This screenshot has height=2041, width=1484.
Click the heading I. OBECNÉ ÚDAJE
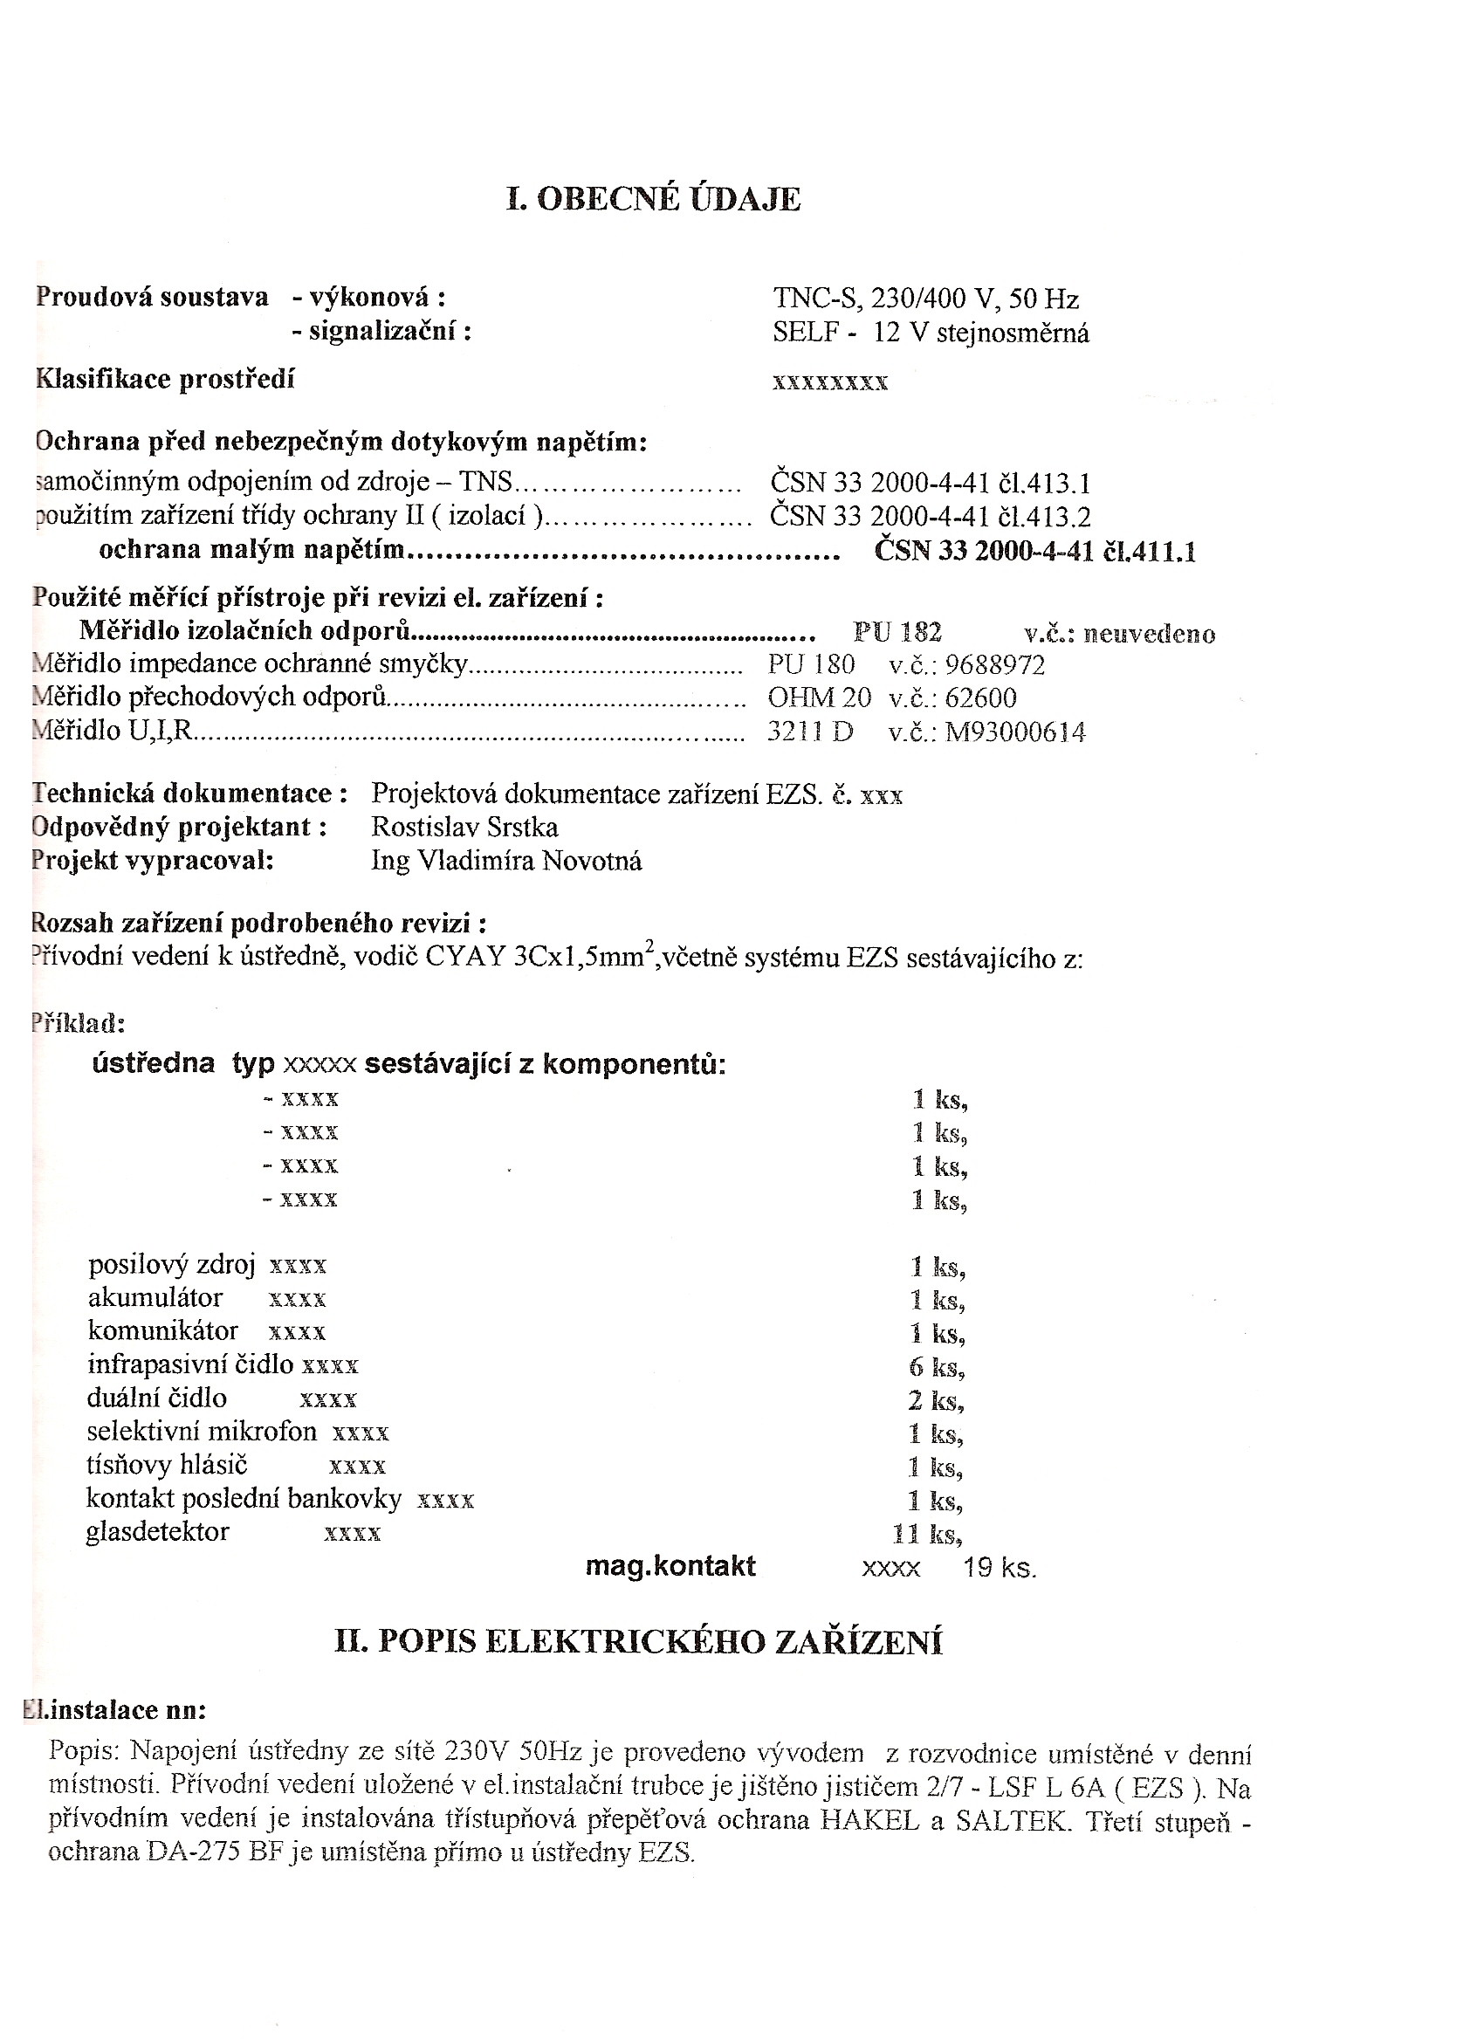(653, 199)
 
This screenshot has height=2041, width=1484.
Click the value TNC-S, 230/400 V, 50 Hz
(925, 299)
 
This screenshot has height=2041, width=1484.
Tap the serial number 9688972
(995, 666)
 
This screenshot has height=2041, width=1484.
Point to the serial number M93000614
(1015, 732)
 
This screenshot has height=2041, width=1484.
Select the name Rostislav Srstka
(464, 827)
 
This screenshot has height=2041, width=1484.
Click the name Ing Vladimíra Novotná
(505, 862)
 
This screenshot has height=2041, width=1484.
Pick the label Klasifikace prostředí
(165, 379)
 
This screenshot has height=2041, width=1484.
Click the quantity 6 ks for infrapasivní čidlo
(936, 1368)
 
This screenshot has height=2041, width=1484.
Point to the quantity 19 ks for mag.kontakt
(999, 1569)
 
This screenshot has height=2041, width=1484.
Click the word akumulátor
(155, 1298)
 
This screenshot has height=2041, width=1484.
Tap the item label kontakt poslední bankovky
(243, 1498)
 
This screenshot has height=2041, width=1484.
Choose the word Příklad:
(78, 1023)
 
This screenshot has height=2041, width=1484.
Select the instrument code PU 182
(897, 633)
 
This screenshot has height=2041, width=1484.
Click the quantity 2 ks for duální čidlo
(936, 1401)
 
